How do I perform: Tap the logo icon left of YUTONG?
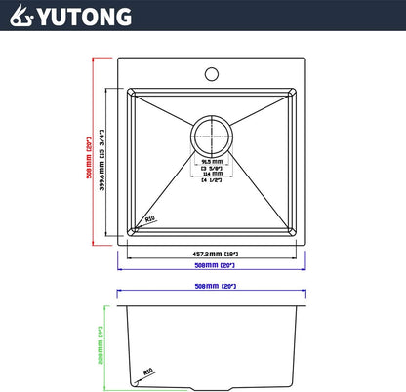[21, 17]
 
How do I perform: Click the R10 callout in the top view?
[149, 219]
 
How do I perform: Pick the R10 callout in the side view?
[147, 372]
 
